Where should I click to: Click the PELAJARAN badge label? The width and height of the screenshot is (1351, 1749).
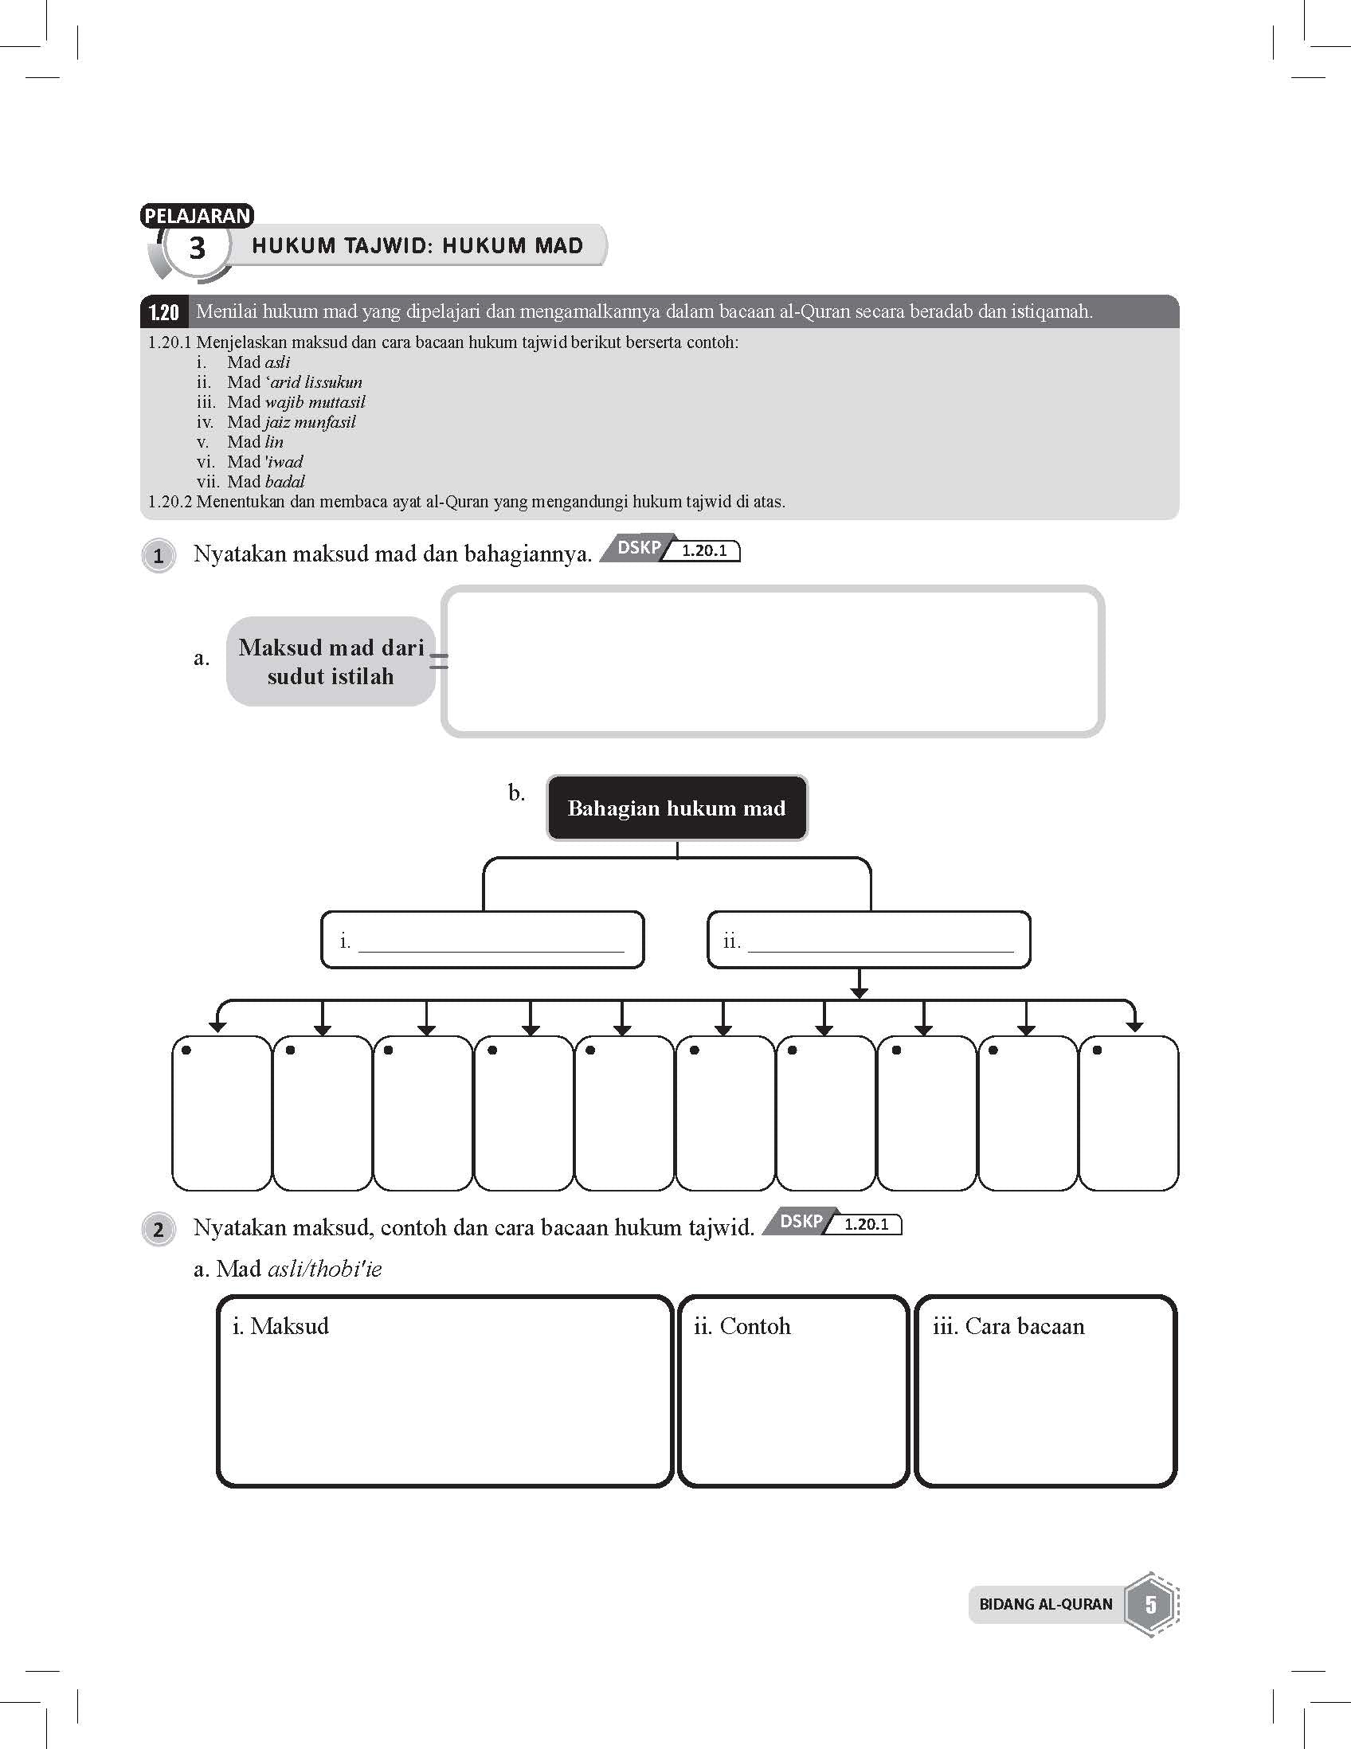[197, 215]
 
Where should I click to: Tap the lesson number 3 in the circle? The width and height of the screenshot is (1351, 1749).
[196, 248]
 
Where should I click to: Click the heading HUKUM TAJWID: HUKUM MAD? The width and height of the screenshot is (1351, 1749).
[417, 246]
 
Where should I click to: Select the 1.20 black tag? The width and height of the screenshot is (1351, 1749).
[164, 312]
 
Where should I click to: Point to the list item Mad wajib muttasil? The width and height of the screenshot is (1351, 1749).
[296, 402]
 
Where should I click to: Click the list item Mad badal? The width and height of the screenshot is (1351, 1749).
[265, 481]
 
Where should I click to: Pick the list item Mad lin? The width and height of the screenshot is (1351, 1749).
[255, 442]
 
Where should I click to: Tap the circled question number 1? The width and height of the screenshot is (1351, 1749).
[159, 556]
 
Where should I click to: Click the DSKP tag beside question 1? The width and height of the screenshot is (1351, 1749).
[639, 548]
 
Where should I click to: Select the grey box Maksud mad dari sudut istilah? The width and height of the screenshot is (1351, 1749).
[331, 662]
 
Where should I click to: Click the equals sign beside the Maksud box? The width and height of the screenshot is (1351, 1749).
[439, 661]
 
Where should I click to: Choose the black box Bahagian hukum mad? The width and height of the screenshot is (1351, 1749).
[677, 808]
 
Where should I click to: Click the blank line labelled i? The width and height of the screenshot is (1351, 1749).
[490, 942]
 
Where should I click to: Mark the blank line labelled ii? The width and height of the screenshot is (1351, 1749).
[879, 942]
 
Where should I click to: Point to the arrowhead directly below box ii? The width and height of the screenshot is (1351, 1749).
[860, 993]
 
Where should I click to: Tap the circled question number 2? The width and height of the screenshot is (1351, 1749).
[159, 1229]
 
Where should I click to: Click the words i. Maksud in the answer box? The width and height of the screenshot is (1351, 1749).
[280, 1326]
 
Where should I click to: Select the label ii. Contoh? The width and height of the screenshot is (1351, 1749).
[742, 1326]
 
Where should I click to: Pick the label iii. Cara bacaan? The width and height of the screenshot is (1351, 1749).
[1008, 1326]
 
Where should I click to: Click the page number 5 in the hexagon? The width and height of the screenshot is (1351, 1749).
[1151, 1604]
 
